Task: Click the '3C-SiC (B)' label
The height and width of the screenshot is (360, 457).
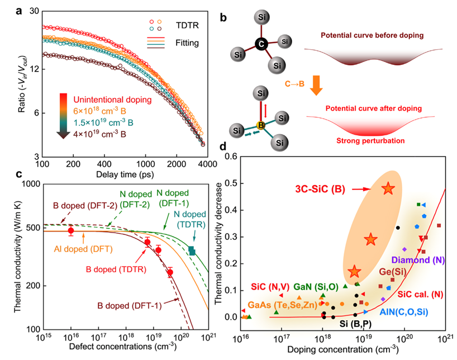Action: pyautogui.click(x=318, y=190)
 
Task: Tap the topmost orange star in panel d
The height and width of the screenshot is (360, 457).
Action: pyautogui.click(x=389, y=189)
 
